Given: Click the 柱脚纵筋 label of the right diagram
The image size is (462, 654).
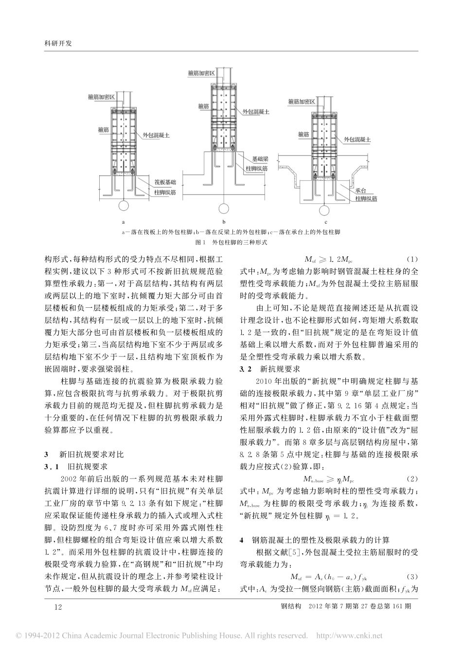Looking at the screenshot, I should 366,199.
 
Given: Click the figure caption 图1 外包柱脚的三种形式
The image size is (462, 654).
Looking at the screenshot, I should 231,242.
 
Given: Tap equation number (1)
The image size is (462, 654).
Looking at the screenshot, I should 411,259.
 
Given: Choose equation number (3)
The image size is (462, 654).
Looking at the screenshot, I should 411,577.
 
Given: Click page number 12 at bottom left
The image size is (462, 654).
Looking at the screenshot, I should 59,606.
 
